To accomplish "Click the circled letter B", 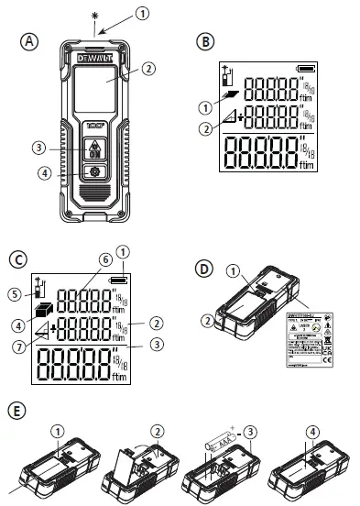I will tap(207, 41).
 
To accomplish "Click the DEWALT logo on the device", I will tap(94, 56).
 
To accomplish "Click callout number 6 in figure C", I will tap(106, 260).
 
